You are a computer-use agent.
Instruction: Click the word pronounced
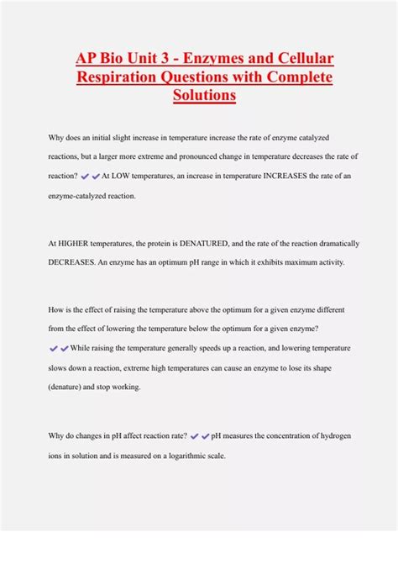[217, 156]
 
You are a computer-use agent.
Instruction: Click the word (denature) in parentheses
[74, 387]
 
